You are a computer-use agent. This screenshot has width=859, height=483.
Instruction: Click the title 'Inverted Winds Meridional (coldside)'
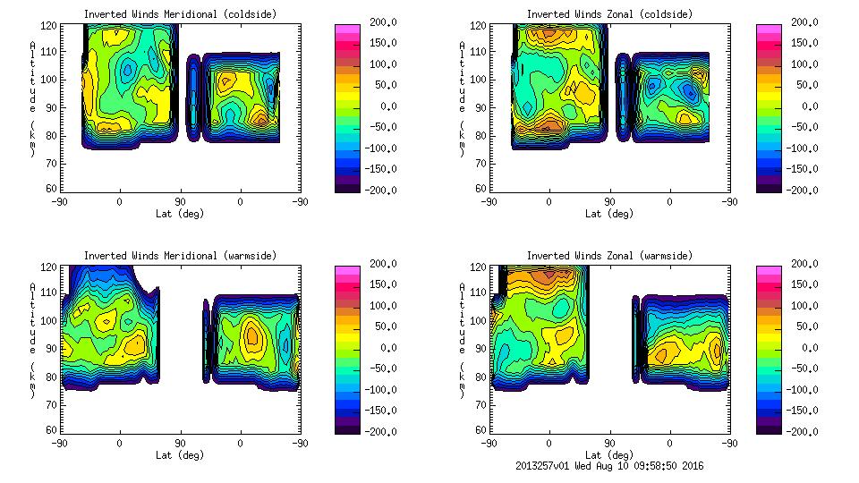[x=180, y=14]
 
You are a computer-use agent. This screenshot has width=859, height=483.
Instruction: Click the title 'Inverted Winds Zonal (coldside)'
[x=609, y=14]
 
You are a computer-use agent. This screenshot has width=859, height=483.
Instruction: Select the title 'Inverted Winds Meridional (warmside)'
[x=180, y=256]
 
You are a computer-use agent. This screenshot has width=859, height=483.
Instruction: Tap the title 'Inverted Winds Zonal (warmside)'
[x=609, y=256]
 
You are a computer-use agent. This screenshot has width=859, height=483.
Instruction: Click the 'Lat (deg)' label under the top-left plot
[x=180, y=214]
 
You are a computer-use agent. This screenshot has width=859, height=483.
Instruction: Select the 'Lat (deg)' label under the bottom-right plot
[x=609, y=455]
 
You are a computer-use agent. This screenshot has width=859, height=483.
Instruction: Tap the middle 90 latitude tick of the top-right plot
[x=609, y=202]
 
